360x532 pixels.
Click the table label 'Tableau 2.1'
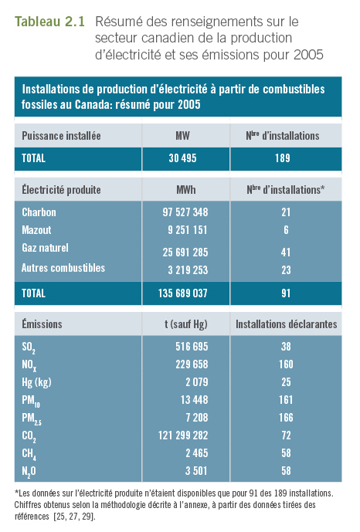pos(49,22)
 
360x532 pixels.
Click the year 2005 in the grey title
pos(308,55)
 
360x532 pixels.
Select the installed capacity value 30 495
pos(182,158)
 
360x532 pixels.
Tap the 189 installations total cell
pos(283,158)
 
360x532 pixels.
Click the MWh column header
pos(186,190)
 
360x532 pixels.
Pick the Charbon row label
pos(39,212)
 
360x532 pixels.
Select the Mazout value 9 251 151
pos(187,230)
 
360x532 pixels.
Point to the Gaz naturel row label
pos(45,248)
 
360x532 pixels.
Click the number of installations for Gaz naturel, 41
pos(286,252)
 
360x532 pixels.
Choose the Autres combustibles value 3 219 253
pos(188,270)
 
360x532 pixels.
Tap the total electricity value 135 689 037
pos(183,293)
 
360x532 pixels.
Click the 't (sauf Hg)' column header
pos(186,324)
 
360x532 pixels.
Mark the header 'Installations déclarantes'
pos(287,324)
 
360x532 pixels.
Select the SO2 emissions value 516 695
pos(192,347)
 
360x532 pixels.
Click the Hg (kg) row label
pos(36,382)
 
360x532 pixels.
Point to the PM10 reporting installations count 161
pos(286,400)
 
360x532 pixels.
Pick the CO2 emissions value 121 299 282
pos(183,435)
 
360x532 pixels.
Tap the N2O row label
pos(29,472)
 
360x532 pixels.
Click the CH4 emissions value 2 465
pos(197,453)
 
